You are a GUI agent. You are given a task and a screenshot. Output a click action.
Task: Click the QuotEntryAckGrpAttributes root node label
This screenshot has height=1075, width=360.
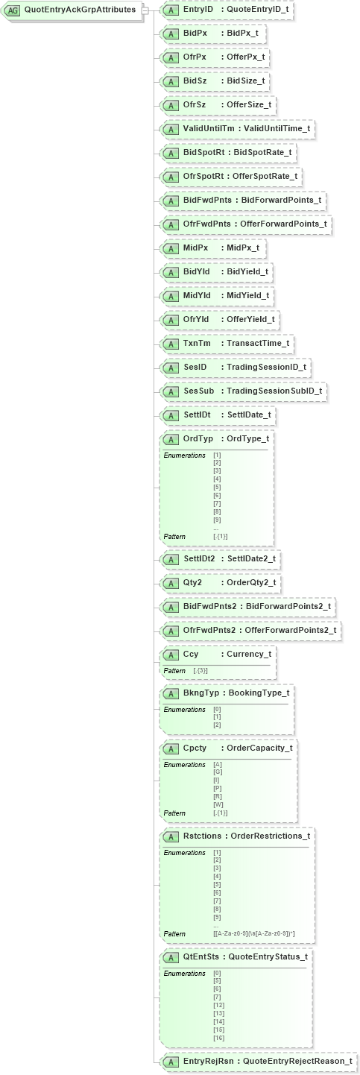coord(80,10)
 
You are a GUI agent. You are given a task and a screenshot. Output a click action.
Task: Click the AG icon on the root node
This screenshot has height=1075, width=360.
coord(13,10)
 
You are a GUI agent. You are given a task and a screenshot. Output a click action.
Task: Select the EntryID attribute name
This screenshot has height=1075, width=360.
coord(200,10)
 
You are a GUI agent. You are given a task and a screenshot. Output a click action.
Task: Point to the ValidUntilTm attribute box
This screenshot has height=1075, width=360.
coord(238,129)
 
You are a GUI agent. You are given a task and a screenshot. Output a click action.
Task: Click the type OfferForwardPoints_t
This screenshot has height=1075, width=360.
coord(280,224)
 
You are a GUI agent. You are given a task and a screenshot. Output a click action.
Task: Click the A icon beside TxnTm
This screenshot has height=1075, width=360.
coord(171,344)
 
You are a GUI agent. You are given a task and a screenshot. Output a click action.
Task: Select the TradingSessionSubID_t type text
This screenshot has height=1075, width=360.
coord(274,391)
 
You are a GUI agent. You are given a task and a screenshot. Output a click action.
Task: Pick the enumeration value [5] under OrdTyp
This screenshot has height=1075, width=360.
coord(217,488)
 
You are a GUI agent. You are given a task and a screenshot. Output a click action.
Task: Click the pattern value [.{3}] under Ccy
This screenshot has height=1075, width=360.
coord(200,671)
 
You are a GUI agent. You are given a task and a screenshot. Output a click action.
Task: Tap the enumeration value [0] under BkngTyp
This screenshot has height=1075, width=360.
coord(217,710)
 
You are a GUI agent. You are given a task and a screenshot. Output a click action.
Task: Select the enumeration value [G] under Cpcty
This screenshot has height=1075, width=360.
coord(218,772)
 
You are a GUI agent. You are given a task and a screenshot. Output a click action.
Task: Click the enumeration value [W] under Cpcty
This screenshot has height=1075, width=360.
coord(218,805)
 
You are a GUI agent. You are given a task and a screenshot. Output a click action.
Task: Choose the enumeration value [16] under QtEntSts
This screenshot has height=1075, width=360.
coord(218,1038)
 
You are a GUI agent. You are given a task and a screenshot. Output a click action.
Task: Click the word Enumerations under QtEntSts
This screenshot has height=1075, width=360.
coord(184,974)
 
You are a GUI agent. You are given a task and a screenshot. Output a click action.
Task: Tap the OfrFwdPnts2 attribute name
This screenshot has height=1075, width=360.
coord(209,630)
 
